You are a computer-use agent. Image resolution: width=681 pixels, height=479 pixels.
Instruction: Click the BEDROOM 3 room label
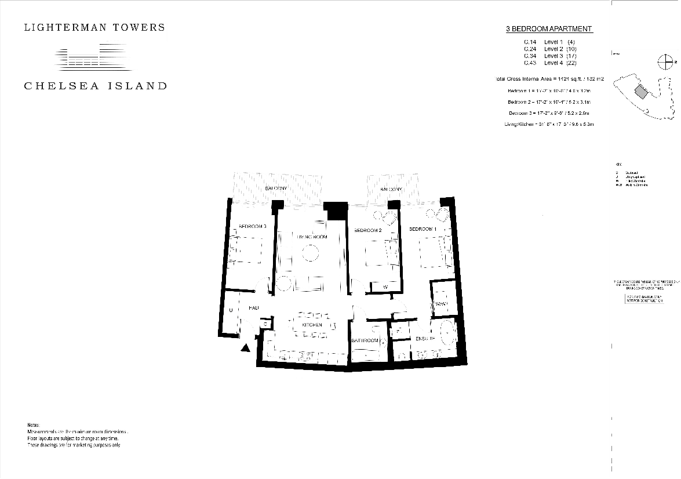[x=253, y=226]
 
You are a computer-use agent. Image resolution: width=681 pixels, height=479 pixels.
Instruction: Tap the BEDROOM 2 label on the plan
[x=368, y=230]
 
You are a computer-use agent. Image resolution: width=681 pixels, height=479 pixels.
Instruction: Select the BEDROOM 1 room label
[x=423, y=230]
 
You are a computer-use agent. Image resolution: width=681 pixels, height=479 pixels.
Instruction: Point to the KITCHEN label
[x=312, y=325]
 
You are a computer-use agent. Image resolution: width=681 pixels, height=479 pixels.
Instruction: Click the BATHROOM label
[x=365, y=340]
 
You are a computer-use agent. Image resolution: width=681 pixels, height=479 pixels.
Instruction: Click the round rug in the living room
[x=310, y=253]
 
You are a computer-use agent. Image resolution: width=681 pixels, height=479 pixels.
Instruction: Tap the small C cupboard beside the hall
[x=265, y=324]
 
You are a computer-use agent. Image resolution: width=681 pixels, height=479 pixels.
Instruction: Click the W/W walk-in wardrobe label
[x=440, y=303]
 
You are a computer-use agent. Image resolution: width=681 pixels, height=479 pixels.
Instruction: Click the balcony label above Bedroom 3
[x=276, y=189]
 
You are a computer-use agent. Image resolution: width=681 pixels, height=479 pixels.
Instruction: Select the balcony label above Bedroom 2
[x=391, y=189]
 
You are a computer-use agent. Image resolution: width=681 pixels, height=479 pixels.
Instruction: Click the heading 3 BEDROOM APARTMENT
[x=549, y=29]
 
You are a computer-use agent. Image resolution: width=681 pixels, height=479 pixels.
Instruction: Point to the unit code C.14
[x=530, y=42]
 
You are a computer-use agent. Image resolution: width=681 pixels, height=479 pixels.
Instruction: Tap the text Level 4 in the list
[x=553, y=63]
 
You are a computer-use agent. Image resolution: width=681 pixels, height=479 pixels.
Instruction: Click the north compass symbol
[x=665, y=61]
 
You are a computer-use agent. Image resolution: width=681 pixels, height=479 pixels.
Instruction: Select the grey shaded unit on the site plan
[x=641, y=91]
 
